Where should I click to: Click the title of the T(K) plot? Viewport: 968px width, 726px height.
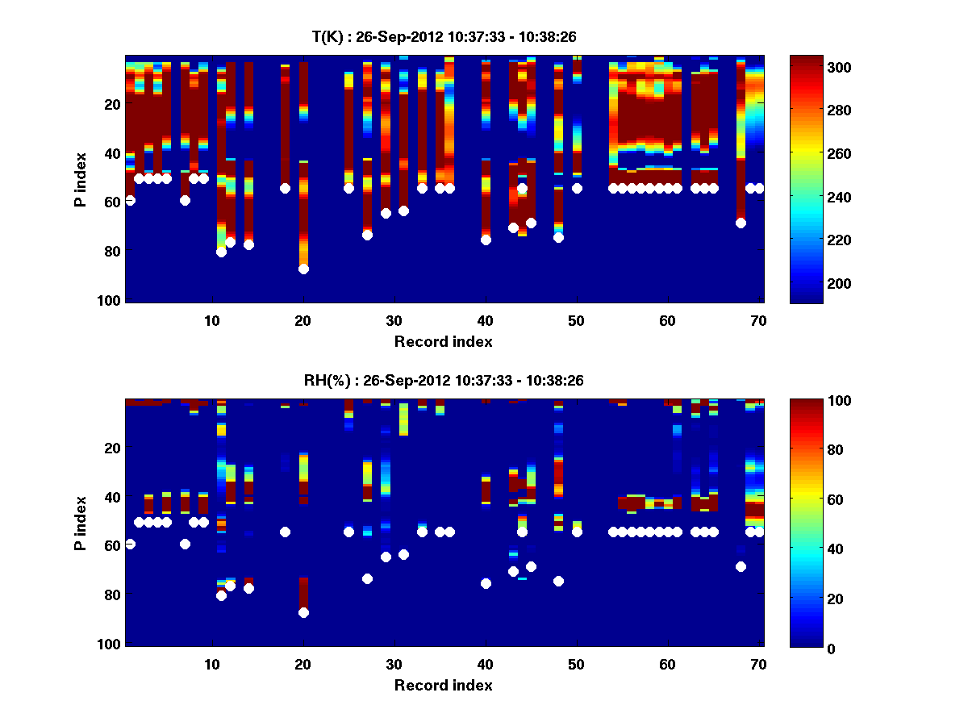click(x=443, y=37)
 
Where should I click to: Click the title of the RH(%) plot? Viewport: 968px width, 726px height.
click(x=443, y=381)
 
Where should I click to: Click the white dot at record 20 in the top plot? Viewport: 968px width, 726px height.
click(x=303, y=269)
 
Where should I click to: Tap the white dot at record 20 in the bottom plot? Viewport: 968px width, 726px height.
click(x=303, y=612)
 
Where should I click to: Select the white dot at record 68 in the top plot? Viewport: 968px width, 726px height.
click(x=741, y=223)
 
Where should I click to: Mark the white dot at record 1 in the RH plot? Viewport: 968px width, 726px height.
click(x=130, y=544)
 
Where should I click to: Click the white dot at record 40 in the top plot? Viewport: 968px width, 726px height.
click(x=486, y=240)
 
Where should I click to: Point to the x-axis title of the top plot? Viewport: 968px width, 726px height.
click(x=443, y=342)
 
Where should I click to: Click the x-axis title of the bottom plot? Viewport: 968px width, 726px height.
click(x=443, y=686)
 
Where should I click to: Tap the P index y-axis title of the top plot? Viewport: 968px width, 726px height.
click(x=80, y=179)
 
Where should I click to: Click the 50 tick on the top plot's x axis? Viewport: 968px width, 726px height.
click(x=576, y=320)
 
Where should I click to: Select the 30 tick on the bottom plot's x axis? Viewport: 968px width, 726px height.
click(x=394, y=664)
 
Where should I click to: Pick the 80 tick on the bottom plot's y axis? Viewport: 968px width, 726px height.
click(x=112, y=595)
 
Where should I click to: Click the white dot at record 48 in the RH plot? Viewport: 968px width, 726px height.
click(x=558, y=581)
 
